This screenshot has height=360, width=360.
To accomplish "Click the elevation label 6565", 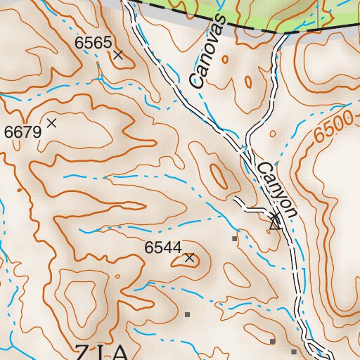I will [93, 43].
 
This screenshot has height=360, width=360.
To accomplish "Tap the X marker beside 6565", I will [118, 54].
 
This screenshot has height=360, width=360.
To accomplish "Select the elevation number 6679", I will [22, 131].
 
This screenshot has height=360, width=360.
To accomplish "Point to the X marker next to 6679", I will [51, 123].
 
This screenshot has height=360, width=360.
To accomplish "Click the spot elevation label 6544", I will [163, 247].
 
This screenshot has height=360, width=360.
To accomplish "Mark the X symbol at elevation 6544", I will [189, 258].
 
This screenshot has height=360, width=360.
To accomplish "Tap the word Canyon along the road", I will [277, 190].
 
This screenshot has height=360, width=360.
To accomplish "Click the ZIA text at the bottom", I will [103, 352].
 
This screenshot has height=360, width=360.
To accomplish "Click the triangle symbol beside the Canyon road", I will [275, 224].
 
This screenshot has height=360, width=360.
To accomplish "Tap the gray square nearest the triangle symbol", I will [234, 238].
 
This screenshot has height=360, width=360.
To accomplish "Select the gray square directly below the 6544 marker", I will [187, 314].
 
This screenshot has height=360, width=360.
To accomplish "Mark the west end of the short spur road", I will [236, 201].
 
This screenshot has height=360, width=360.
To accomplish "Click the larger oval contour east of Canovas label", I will [247, 82].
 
